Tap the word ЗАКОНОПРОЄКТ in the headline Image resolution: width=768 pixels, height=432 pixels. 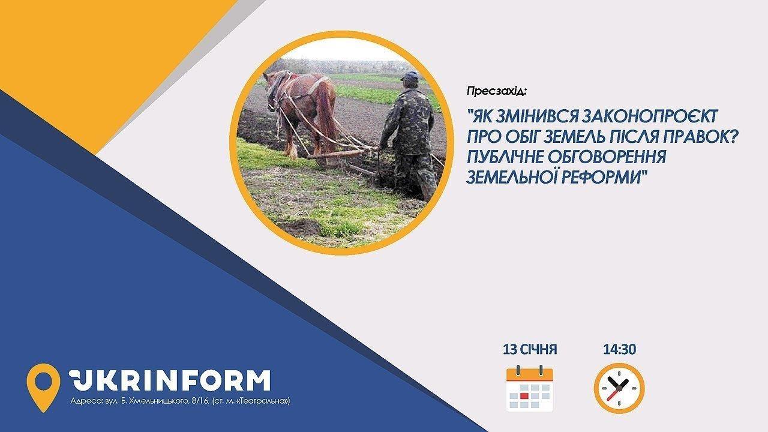tap(647, 117)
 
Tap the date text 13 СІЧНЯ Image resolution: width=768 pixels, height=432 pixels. tap(530, 349)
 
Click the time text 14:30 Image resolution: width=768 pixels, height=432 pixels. tap(620, 349)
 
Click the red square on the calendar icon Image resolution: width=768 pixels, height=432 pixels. tap(524, 396)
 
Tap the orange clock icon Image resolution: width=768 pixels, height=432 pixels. tap(619, 388)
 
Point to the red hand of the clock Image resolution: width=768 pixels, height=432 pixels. tap(613, 394)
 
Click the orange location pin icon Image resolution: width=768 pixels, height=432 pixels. tap(43, 388)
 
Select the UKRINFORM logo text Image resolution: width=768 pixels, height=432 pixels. tap(170, 380)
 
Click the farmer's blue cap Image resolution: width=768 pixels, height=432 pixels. tap(410, 76)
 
